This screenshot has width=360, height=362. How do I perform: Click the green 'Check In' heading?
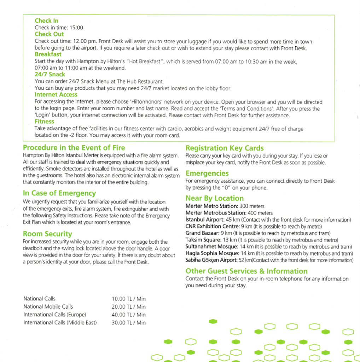(x=46, y=21)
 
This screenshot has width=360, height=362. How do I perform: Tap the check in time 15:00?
(x=76, y=28)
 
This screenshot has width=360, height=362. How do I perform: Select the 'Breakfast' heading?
(x=48, y=54)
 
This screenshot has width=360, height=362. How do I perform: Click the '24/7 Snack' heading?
(x=50, y=74)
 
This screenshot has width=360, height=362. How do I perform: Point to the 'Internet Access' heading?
(x=56, y=95)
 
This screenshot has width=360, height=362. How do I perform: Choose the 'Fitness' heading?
(x=44, y=122)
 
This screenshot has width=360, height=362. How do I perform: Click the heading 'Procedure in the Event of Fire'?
(x=74, y=148)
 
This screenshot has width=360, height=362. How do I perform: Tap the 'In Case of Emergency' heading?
(x=59, y=193)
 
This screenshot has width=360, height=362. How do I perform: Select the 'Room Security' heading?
(x=47, y=234)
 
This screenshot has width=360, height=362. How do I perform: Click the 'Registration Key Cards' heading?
(x=225, y=148)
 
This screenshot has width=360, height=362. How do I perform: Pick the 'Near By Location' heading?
(x=215, y=198)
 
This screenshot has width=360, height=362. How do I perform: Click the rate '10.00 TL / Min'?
(x=128, y=299)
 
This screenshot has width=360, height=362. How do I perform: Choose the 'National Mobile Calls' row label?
(x=48, y=306)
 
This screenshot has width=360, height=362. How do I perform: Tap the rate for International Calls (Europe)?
(x=128, y=315)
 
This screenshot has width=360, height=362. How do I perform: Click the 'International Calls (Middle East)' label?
(x=60, y=322)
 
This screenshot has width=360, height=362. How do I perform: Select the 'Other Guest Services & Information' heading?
(x=246, y=271)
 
